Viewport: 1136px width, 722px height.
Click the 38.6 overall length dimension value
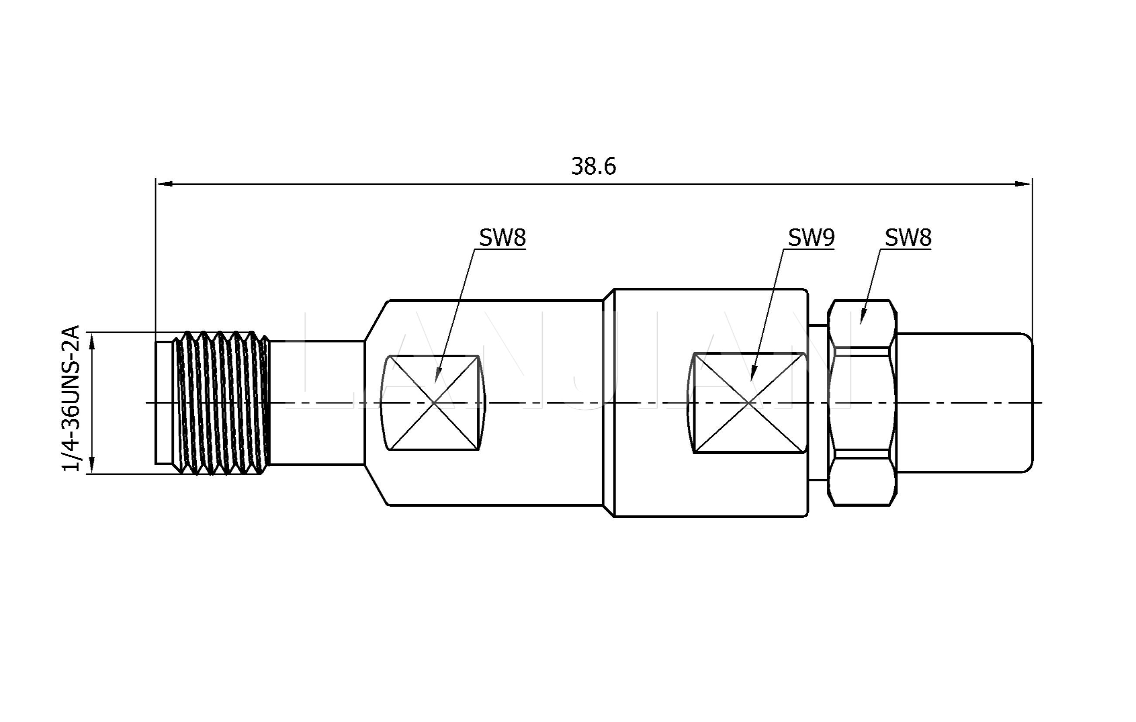(x=593, y=167)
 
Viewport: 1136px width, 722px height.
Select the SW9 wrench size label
(x=811, y=238)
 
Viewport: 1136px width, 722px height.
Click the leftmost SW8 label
(x=502, y=238)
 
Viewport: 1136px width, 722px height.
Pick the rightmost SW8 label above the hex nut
(x=908, y=238)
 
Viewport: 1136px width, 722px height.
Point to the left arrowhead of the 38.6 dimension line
(x=163, y=184)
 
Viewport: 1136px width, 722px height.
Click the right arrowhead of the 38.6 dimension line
(x=1025, y=184)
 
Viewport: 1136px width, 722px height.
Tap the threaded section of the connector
(x=222, y=402)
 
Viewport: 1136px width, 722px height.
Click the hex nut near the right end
(x=862, y=402)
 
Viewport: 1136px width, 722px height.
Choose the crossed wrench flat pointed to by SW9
(x=749, y=402)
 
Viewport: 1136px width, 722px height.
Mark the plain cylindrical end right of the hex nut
(x=965, y=402)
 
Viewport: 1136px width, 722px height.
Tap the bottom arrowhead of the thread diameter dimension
(x=92, y=466)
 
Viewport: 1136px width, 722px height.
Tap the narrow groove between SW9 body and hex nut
(x=818, y=402)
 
